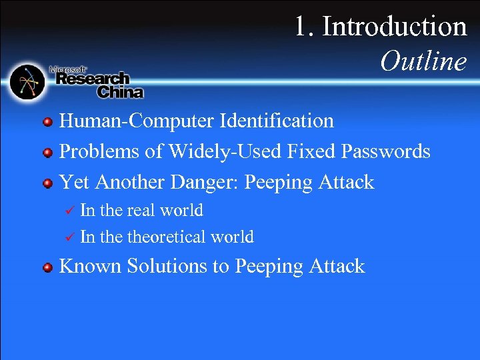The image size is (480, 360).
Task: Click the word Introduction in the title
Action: pos(395,27)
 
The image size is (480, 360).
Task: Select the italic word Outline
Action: pos(424,62)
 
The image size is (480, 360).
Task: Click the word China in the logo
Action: pos(120,91)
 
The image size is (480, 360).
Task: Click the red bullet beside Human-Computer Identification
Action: pos(47,122)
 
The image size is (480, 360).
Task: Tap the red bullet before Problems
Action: pos(47,153)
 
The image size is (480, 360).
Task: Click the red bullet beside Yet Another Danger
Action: pos(47,183)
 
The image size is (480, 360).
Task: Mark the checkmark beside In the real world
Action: pos(67,211)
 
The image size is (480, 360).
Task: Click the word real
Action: pos(141,211)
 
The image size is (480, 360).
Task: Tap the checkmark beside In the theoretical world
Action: pos(67,237)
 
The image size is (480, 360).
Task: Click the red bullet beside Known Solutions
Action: pos(47,267)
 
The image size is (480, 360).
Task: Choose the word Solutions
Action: pos(163,266)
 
